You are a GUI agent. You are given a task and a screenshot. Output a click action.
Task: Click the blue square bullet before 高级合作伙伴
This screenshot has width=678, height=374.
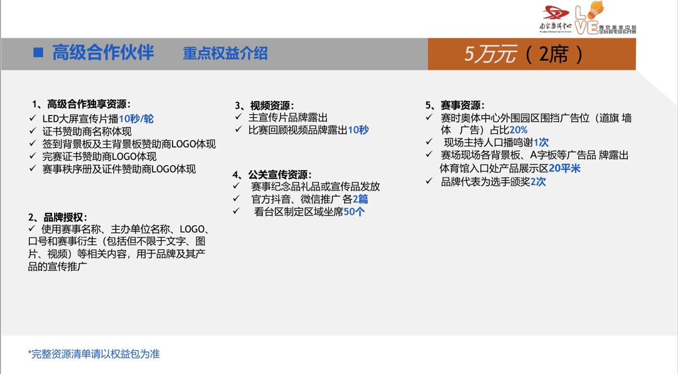38,53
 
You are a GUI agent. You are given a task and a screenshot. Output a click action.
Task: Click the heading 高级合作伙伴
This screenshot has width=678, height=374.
103,53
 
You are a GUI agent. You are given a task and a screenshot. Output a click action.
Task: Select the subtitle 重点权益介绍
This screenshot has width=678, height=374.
225,53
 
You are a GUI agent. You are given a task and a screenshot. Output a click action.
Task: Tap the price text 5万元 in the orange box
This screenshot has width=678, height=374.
490,55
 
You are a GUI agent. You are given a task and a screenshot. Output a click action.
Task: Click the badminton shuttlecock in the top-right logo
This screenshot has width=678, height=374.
596,9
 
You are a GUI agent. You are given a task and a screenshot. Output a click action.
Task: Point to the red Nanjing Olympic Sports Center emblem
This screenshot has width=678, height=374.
556,13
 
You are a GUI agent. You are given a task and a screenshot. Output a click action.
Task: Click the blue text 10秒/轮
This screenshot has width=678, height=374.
136,119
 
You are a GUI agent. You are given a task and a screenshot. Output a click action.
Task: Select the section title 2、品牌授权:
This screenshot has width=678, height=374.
58,217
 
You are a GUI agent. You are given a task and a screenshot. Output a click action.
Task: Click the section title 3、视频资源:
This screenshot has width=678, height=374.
264,105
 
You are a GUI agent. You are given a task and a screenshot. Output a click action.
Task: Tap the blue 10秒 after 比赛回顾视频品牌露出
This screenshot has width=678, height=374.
358,130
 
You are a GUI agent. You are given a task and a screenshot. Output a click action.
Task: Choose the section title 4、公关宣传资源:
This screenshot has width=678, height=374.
272,174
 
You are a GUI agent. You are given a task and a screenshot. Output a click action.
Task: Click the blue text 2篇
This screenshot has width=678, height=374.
360,200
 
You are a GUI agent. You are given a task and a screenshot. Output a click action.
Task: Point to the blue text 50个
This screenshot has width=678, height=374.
354,212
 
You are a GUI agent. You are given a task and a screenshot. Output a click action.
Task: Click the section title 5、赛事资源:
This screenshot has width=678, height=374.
455,105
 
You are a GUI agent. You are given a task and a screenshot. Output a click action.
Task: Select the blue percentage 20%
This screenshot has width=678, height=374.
519,130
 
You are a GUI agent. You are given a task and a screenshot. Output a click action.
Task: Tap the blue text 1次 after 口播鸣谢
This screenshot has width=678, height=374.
541,142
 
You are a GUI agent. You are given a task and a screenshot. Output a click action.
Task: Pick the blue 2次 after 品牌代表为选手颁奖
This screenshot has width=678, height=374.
538,182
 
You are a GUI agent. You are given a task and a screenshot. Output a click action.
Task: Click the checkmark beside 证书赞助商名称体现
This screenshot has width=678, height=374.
33,131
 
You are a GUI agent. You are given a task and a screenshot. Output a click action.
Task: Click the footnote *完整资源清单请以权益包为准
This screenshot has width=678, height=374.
94,354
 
